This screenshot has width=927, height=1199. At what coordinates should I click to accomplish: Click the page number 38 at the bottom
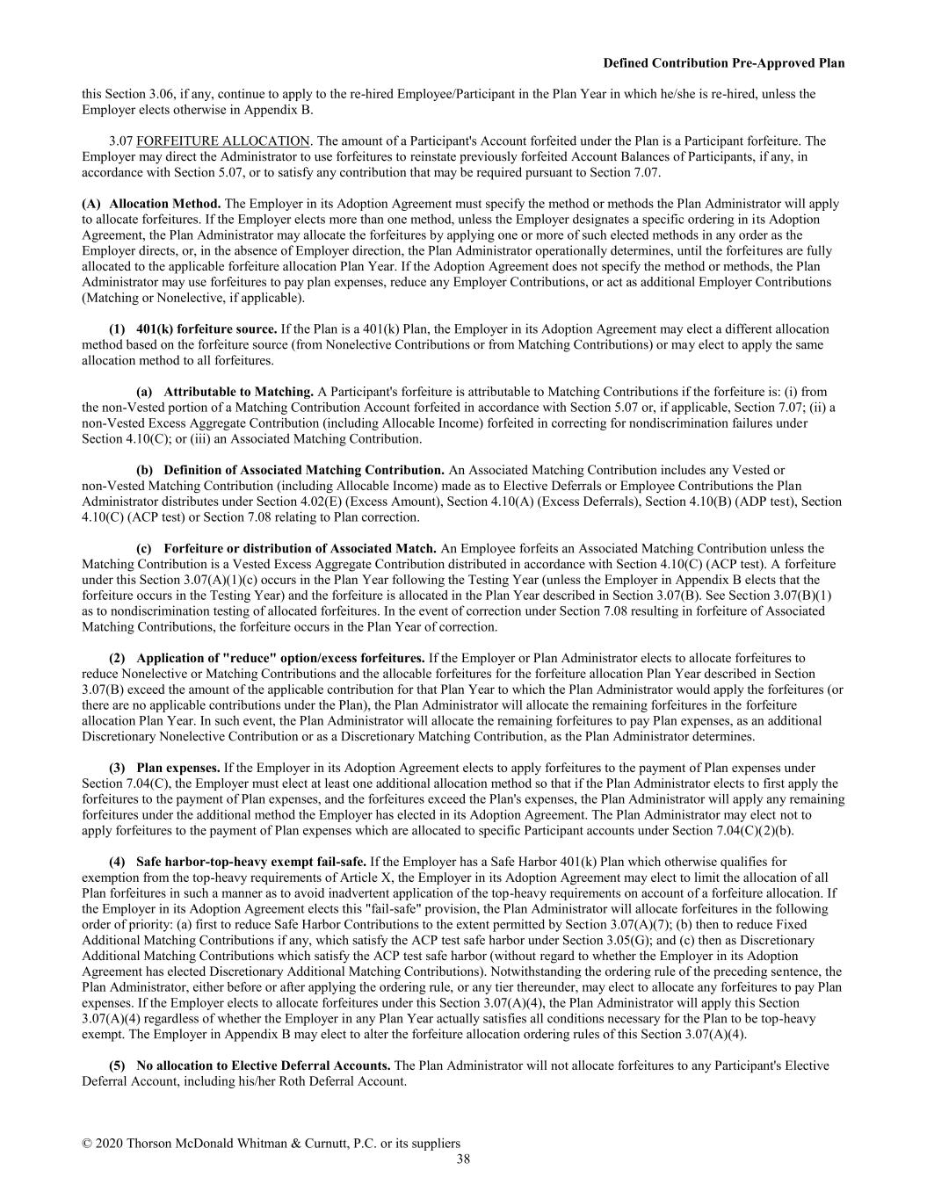point(463,1159)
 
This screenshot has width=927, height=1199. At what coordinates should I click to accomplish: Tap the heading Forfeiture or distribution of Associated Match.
point(300,549)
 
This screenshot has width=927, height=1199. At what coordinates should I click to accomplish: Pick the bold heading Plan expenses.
point(178,768)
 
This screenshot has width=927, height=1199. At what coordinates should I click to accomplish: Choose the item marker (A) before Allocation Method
point(91,204)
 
